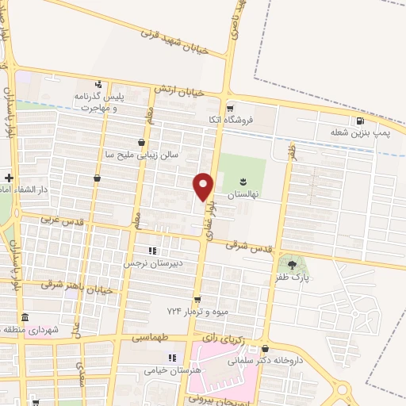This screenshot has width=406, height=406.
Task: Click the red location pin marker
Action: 204,186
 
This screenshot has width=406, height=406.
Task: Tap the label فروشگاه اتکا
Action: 251,121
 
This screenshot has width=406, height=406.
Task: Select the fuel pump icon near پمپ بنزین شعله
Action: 361,121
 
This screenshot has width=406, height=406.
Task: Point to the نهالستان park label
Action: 243,194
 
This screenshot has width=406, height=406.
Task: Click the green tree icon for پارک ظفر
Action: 295,263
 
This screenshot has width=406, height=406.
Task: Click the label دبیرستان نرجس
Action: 151,262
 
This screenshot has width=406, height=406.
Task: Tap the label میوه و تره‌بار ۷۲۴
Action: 190,311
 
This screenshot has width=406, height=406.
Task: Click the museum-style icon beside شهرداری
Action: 24,317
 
